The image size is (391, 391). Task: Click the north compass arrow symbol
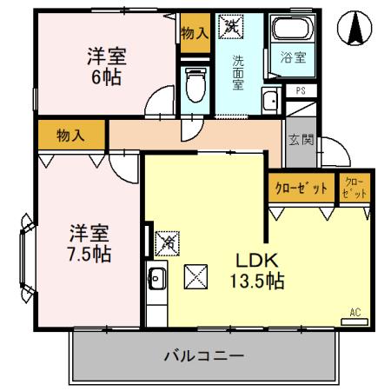tap(355, 30)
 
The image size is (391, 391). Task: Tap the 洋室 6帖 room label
tap(107, 67)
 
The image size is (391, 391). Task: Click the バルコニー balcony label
tap(203, 356)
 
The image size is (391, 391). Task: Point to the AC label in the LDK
tap(355, 312)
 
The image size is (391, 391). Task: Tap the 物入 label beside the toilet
tap(195, 33)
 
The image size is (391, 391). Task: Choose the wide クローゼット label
tap(302, 188)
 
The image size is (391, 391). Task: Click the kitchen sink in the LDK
tap(157, 280)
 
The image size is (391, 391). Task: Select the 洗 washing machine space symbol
tap(231, 27)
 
